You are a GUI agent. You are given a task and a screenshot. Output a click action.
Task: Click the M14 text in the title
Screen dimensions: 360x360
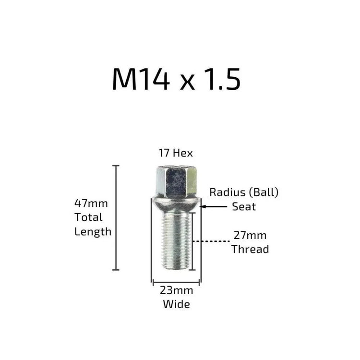point(141,79)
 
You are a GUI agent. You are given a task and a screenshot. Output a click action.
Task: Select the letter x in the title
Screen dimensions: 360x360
point(187,82)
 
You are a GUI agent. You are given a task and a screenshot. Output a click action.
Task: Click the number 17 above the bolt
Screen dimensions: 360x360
point(164,153)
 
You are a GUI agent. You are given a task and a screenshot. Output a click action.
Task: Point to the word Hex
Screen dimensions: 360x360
point(183,153)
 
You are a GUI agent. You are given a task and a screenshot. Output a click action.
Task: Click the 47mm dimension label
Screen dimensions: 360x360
point(91,204)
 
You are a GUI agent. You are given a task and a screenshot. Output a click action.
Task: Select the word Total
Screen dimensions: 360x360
point(88,217)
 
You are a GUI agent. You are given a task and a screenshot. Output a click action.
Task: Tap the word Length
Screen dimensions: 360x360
point(93,232)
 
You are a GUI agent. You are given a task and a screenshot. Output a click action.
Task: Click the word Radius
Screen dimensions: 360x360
point(228,192)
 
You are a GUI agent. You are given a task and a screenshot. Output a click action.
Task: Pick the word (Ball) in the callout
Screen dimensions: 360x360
point(264,192)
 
